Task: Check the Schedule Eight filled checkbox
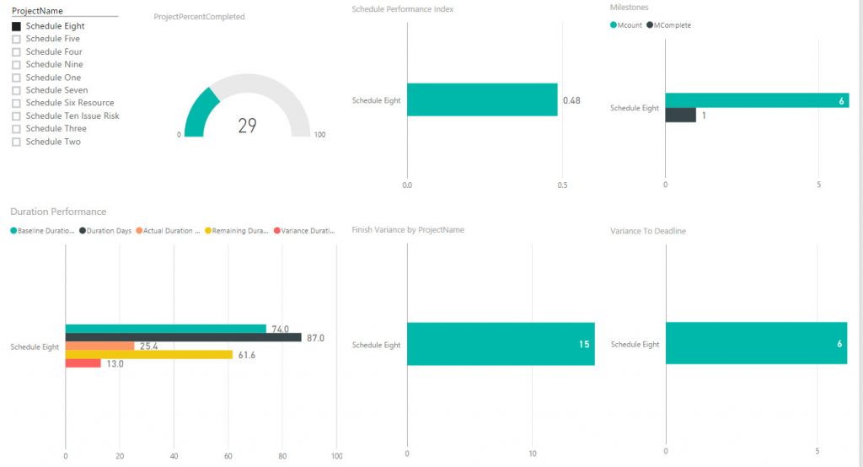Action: click(16, 26)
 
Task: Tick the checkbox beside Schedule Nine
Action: click(16, 65)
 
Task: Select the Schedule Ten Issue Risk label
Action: click(72, 115)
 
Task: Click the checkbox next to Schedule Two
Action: click(16, 142)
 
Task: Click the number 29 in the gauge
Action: click(247, 126)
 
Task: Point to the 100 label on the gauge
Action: click(319, 135)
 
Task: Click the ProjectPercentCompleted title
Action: click(199, 17)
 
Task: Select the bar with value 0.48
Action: click(481, 99)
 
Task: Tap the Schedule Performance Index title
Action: click(402, 8)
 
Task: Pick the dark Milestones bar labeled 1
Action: click(680, 115)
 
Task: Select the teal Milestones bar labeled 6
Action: click(756, 100)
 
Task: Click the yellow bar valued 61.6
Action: click(148, 355)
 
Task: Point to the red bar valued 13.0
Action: click(83, 363)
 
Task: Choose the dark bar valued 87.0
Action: click(183, 337)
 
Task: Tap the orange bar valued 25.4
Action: click(99, 346)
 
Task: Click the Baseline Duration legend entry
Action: click(44, 230)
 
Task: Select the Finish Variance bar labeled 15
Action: click(500, 344)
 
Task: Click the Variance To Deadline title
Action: click(647, 231)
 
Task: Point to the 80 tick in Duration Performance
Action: click(282, 456)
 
